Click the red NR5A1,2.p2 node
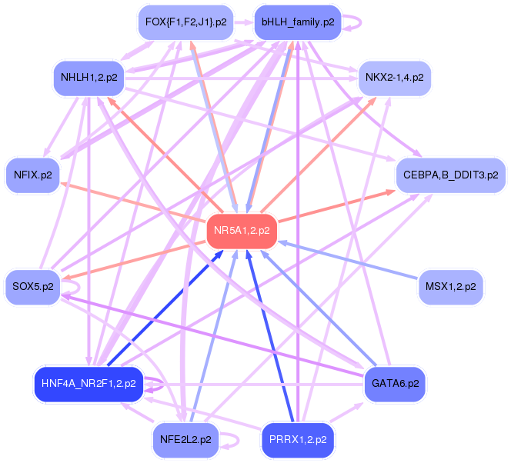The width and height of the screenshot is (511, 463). tap(242, 230)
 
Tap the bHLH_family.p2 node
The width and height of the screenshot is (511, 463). tap(298, 22)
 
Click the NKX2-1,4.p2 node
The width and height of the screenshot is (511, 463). tap(394, 78)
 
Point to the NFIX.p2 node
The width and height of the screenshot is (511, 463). tap(32, 175)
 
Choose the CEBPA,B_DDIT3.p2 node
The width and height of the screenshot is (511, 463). tap(450, 175)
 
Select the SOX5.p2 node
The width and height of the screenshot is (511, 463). tap(33, 287)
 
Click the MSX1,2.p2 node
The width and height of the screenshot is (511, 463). tap(450, 287)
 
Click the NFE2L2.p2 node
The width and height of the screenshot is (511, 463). tap(185, 440)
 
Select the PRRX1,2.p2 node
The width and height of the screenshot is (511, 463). tap(298, 440)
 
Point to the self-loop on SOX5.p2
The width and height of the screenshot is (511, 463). tap(78, 287)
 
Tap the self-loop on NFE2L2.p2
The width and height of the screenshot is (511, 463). tap(237, 440)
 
